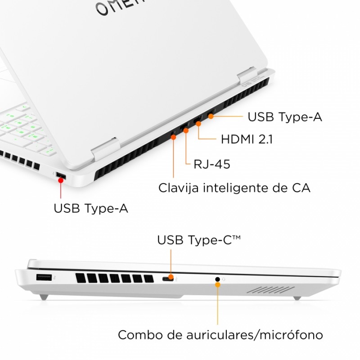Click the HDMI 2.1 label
click(247, 139)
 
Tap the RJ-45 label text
click(211, 164)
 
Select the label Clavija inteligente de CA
click(234, 188)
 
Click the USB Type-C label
click(199, 240)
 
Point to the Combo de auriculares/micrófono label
click(220, 335)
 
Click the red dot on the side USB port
click(61, 180)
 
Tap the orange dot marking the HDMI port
click(198, 124)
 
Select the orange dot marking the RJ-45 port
click(186, 130)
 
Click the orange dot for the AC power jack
click(174, 137)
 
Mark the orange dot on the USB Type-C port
click(171, 276)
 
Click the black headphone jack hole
click(217, 279)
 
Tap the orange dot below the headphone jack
click(218, 285)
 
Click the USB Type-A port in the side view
click(44, 277)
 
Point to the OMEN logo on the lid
click(119, 7)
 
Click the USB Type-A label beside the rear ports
click(285, 117)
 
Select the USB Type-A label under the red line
click(91, 208)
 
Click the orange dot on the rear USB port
click(211, 117)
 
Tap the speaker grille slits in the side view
click(271, 290)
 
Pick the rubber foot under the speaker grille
click(297, 298)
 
